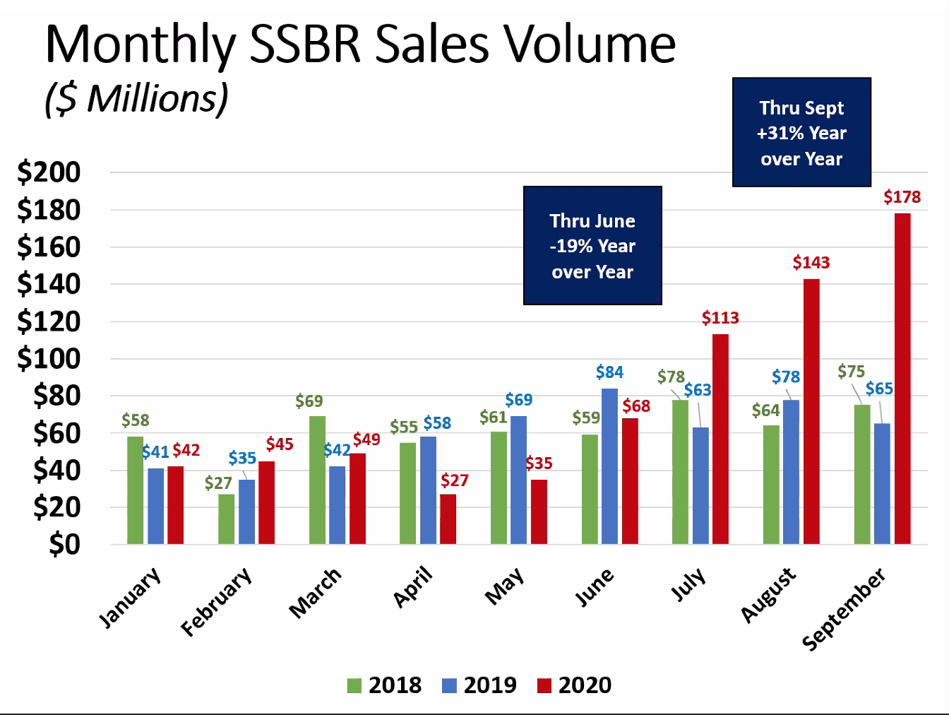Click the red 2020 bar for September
click(902, 378)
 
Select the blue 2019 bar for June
click(609, 466)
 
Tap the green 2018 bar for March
click(318, 480)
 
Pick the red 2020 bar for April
click(448, 519)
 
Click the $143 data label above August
click(811, 263)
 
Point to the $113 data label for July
click(720, 318)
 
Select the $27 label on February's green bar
click(218, 483)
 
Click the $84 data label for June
click(609, 372)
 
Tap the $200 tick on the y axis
click(49, 172)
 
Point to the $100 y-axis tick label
click(49, 358)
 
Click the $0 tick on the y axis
click(64, 544)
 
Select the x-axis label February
click(216, 601)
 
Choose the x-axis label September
click(843, 609)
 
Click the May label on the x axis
click(505, 586)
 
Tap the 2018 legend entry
click(385, 685)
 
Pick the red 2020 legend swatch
click(544, 685)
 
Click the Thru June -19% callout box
click(592, 246)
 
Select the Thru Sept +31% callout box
click(801, 133)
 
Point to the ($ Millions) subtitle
click(136, 98)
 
